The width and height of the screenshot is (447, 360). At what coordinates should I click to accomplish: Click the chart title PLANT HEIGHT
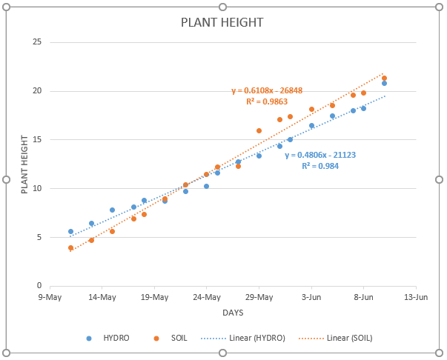[x=222, y=22]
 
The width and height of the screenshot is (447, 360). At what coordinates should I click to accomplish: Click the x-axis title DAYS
[x=232, y=313]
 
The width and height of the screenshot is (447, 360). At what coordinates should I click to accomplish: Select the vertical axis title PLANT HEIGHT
[x=24, y=164]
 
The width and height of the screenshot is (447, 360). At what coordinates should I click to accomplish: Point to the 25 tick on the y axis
[x=36, y=42]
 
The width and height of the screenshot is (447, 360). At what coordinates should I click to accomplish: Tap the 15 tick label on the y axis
[x=36, y=139]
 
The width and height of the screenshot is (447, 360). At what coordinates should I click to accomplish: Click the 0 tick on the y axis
[x=39, y=286]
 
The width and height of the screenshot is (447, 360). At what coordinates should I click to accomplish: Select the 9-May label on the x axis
[x=49, y=297]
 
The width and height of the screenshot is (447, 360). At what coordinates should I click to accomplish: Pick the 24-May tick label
[x=207, y=297]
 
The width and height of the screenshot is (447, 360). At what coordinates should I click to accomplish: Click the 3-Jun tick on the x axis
[x=311, y=297]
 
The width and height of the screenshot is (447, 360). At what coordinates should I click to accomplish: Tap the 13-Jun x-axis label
[x=416, y=297]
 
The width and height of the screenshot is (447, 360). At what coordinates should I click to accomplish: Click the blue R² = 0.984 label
[x=320, y=166]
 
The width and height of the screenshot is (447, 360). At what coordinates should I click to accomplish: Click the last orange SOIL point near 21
[x=384, y=78]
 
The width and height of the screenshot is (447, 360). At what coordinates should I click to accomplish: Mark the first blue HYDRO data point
[x=70, y=231]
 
